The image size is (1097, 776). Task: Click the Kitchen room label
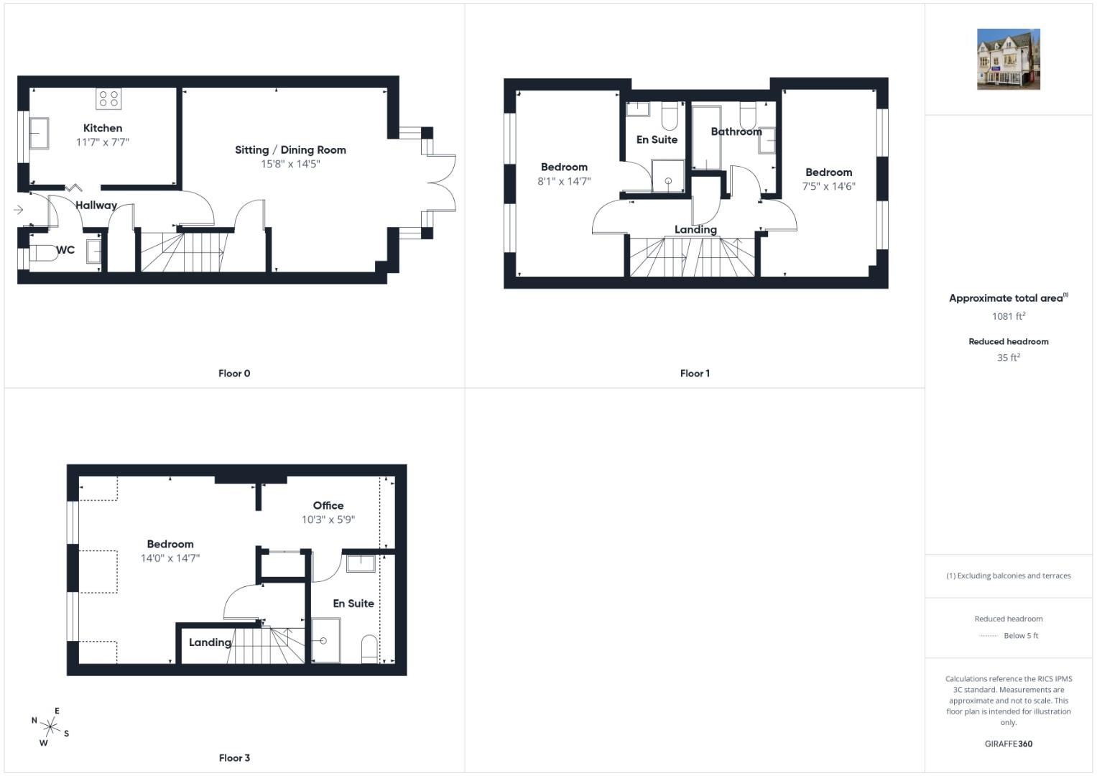coord(102,129)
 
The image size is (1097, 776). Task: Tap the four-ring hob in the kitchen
coord(108,98)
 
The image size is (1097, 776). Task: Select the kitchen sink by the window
coord(39,133)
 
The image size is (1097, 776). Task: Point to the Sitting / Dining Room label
coord(290,150)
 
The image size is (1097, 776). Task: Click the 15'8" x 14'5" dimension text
coord(290,164)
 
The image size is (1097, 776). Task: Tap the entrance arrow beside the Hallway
coord(19,210)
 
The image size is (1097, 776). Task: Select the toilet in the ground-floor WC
coord(43,253)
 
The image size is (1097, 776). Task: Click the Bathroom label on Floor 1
coord(736,131)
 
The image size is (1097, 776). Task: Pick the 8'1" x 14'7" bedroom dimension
coord(564,181)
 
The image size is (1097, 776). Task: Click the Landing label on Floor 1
coord(695,229)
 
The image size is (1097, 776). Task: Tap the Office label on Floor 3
coord(328,506)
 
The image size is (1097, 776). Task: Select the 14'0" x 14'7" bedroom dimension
coord(170,558)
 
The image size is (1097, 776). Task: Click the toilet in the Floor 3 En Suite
coord(370,649)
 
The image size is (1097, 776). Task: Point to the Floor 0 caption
coord(234,374)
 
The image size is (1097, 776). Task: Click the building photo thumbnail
coord(1009,59)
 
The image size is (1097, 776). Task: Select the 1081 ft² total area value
coord(1009,316)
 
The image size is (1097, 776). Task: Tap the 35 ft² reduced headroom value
coord(1009,357)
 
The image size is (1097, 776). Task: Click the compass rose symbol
coord(50,727)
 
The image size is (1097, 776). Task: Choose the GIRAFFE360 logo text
coord(1009,744)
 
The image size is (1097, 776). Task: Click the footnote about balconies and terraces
coord(1009,576)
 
